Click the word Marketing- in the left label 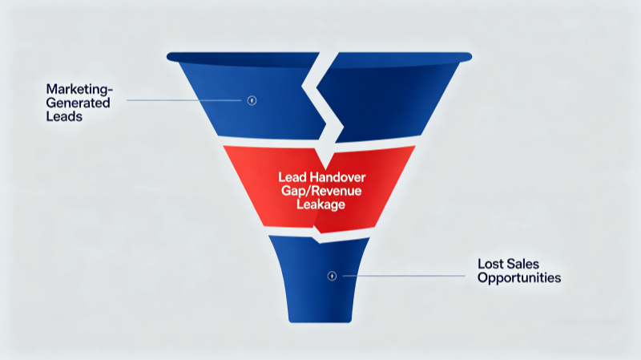(77, 88)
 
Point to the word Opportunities (518, 277)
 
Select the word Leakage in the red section (319, 205)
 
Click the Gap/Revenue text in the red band (319, 191)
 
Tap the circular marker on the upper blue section (252, 100)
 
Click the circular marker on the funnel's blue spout (332, 276)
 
